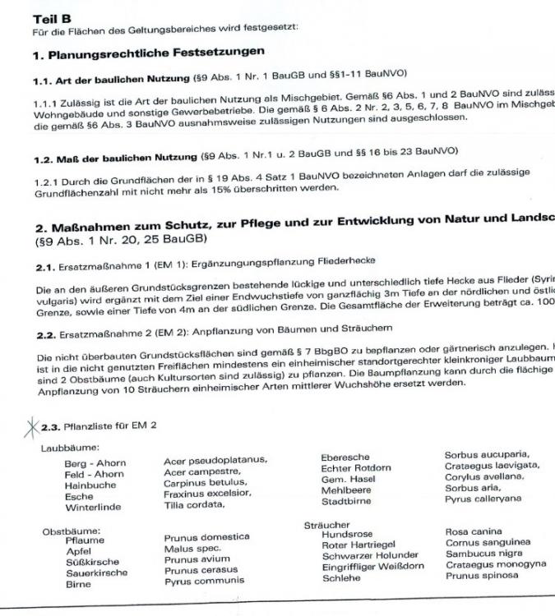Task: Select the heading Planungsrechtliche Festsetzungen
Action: tap(148, 52)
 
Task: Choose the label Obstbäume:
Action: tap(67, 531)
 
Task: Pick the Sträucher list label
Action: tap(326, 523)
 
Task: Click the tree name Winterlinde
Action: tap(93, 508)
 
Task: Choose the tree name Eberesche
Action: tap(345, 457)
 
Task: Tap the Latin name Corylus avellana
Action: tap(484, 477)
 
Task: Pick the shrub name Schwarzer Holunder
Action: tap(370, 554)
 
